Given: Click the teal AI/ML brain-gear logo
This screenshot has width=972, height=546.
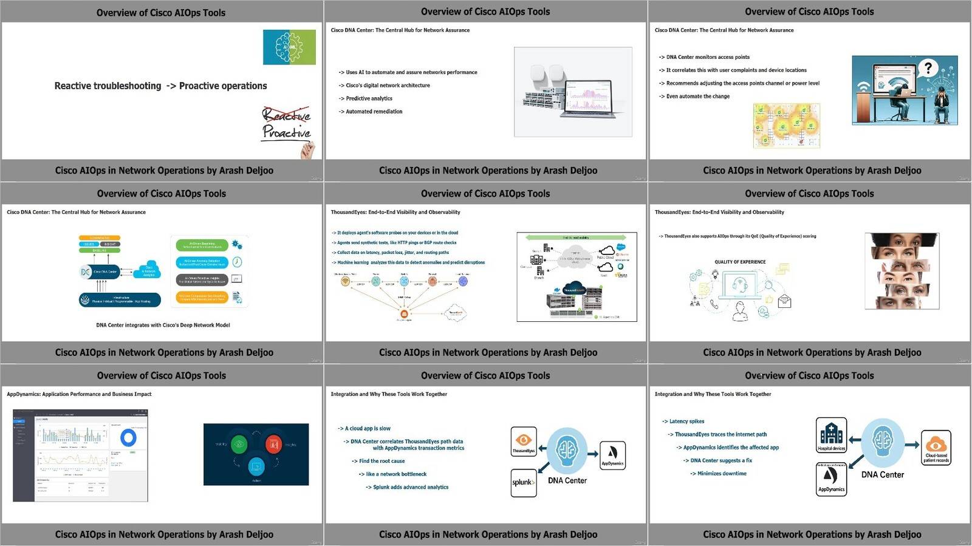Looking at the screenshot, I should (289, 47).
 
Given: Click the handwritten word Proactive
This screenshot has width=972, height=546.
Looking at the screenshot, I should (286, 132).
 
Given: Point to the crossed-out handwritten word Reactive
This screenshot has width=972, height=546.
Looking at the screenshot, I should (286, 114).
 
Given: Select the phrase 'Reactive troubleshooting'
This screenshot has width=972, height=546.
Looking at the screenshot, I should (108, 86).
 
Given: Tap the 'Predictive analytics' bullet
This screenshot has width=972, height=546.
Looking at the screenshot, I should (369, 98).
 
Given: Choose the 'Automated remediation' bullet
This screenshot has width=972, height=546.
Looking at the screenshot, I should (374, 112).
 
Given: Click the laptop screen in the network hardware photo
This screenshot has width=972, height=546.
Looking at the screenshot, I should (588, 97).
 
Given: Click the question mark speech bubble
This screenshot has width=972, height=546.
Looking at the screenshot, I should (928, 69).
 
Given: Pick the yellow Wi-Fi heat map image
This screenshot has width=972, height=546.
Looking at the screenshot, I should (786, 126).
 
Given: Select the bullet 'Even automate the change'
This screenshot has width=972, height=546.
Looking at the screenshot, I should (697, 97).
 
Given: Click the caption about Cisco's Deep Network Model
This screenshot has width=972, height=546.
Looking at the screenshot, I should (163, 326).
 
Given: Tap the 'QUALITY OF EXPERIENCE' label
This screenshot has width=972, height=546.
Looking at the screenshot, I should (740, 262).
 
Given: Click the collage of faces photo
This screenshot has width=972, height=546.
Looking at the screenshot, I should (902, 271).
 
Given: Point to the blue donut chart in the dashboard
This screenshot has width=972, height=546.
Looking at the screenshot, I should (128, 438).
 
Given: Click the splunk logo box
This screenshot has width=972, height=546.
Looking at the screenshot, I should (523, 483).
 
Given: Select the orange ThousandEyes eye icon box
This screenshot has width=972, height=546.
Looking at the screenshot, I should (524, 441).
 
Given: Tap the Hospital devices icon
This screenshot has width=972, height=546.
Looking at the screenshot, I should (831, 435).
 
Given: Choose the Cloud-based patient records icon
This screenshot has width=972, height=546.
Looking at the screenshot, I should (936, 448).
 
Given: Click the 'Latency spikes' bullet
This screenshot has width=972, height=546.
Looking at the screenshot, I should (686, 421).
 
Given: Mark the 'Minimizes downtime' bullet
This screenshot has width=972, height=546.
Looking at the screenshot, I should (722, 474).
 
